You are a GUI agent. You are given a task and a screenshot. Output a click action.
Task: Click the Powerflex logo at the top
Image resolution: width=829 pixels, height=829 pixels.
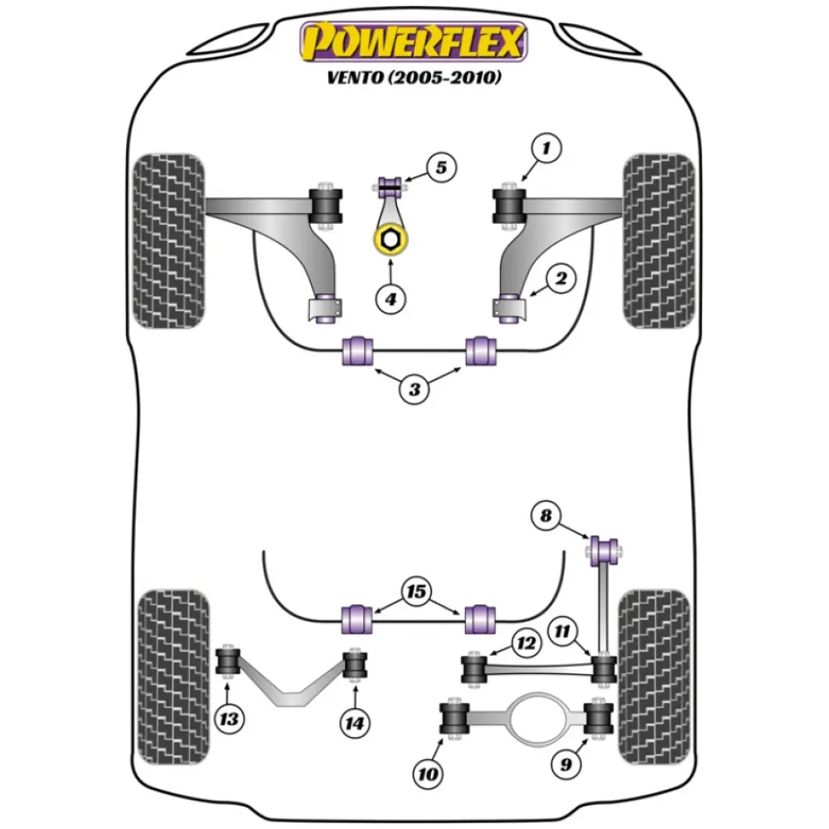coord(414,43)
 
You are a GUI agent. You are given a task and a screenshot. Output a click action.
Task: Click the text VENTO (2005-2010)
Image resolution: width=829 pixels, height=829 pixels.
coord(414,79)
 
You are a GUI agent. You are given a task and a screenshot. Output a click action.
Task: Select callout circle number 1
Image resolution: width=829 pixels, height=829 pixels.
coord(547,150)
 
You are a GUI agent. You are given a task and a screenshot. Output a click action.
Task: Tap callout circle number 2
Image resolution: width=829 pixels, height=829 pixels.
coord(560,280)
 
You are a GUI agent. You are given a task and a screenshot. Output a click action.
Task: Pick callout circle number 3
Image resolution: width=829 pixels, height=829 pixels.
coord(414,387)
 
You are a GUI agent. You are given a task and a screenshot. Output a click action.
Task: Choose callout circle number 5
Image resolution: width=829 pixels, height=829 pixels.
coord(441,168)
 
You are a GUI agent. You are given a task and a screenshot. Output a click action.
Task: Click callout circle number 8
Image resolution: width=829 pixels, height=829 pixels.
coord(545,517)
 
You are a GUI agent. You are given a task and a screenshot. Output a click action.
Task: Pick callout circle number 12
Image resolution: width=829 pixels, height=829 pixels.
coord(526,642)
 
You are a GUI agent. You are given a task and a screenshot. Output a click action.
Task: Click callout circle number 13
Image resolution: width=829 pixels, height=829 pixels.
coord(230,719)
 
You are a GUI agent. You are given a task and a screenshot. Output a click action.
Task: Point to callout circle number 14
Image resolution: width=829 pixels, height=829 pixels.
coord(355,723)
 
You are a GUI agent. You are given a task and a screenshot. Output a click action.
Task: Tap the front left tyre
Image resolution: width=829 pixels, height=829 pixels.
coord(169,240)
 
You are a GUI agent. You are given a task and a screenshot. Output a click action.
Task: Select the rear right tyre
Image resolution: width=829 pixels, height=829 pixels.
coord(655,676)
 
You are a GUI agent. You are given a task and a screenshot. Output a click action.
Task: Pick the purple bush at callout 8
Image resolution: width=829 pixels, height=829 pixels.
coord(606,549)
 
